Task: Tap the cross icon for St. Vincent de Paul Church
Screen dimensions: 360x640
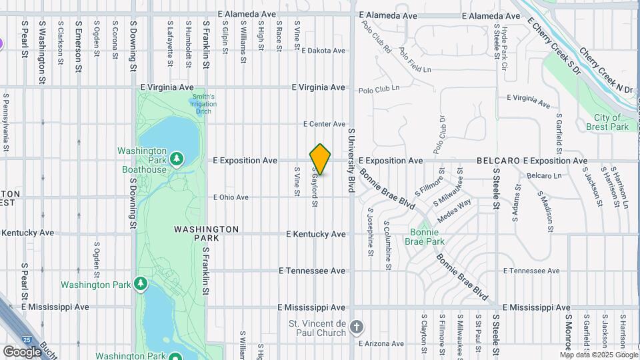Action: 357,327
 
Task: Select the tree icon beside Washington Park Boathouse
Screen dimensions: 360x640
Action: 177,159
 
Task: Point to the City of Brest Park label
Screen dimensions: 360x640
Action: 611,122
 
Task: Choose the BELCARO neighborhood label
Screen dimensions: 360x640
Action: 498,161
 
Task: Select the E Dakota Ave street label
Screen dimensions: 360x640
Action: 323,51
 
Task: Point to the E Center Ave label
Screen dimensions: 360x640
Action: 325,124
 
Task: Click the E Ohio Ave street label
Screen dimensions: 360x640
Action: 231,197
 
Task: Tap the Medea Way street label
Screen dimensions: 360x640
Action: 454,210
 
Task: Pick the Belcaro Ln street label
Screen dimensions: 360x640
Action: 544,175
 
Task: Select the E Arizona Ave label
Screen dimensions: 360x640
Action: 381,344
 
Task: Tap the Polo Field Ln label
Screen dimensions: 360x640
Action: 415,61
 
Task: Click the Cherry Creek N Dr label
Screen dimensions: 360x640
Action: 605,69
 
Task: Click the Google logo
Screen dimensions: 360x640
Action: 22,351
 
